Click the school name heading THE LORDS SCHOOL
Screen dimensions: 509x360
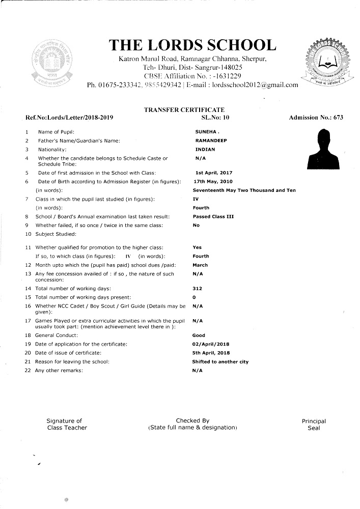(193, 45)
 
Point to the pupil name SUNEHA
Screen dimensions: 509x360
(206, 132)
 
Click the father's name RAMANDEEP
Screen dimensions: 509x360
(210, 140)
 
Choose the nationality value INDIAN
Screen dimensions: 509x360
(205, 150)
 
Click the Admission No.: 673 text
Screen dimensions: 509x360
(316, 118)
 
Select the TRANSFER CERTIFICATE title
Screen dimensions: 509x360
(184, 110)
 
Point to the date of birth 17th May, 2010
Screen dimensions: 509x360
(213, 181)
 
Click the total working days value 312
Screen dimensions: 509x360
(197, 289)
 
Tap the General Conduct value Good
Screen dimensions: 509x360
(199, 335)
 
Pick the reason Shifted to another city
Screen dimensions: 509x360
(220, 362)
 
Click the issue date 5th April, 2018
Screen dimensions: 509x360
(211, 353)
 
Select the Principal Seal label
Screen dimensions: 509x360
(314, 425)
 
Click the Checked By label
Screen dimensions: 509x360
(192, 421)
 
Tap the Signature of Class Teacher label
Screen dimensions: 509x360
(66, 425)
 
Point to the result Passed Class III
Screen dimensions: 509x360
(213, 217)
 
